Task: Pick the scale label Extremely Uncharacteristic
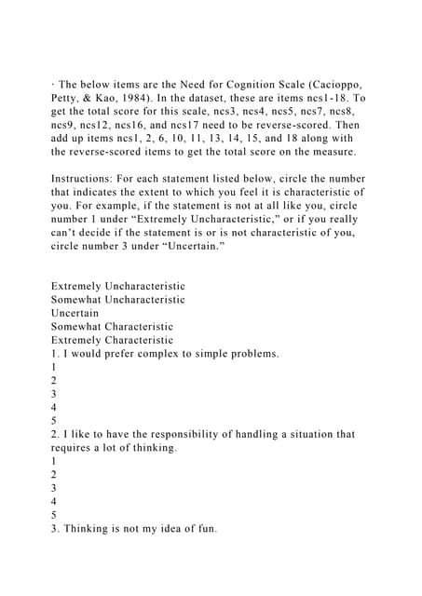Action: (x=118, y=286)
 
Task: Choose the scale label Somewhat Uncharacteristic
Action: (x=117, y=300)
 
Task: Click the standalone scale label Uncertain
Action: (x=75, y=314)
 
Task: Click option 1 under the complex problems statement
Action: (x=54, y=368)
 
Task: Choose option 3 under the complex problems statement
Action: (x=54, y=394)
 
